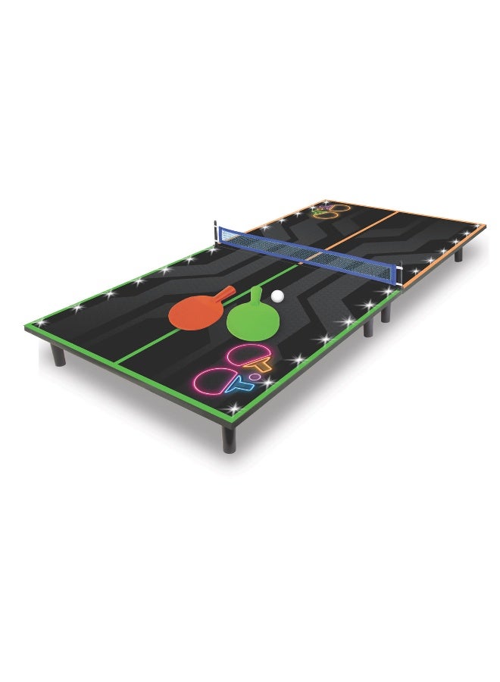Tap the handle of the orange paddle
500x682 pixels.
click(226, 291)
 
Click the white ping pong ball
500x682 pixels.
click(278, 296)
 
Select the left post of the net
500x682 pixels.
click(217, 231)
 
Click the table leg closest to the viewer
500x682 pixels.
click(229, 437)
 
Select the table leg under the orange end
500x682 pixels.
click(458, 254)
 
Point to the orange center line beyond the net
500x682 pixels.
click(364, 228)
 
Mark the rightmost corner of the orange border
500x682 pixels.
click(485, 225)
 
